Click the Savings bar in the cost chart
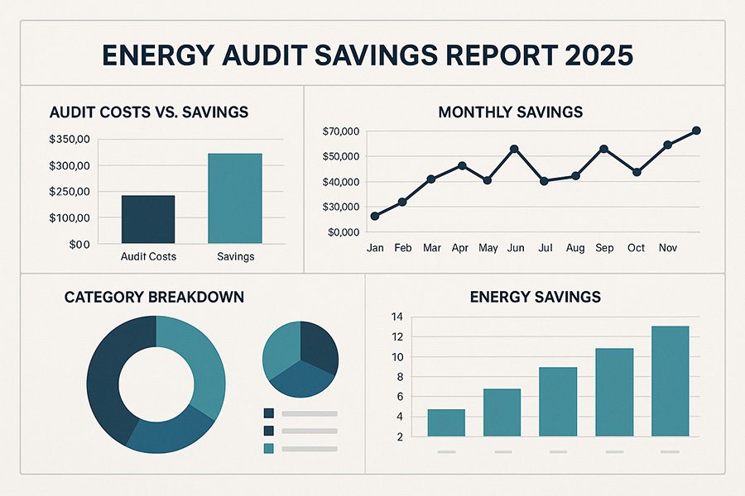[x=236, y=198]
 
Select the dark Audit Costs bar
[x=148, y=219]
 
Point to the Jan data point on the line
[x=375, y=216]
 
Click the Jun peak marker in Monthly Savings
[x=514, y=149]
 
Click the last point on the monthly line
[x=696, y=131]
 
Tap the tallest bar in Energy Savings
[x=670, y=380]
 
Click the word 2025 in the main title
[x=598, y=56]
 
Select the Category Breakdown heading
[x=154, y=296]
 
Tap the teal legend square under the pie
[x=268, y=448]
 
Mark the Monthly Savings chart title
[x=511, y=112]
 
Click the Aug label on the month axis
[x=575, y=248]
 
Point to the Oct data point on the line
[x=637, y=172]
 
